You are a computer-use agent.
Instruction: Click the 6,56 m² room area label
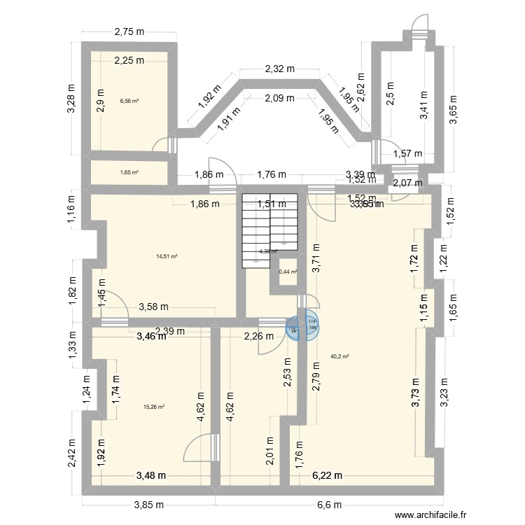[129, 101]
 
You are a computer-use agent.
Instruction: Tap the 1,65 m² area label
[129, 172]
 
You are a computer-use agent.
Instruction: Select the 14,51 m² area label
[167, 256]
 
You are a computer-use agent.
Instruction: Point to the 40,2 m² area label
[339, 356]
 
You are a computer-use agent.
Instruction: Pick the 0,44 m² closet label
[288, 272]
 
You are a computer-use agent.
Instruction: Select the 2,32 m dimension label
[279, 69]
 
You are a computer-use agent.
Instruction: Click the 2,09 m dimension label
[279, 99]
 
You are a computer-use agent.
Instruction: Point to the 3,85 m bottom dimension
[148, 505]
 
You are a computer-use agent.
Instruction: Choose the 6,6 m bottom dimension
[328, 505]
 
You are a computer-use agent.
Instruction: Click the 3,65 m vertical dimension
[453, 110]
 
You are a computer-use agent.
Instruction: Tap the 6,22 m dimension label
[327, 475]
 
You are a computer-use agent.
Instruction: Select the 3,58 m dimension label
[154, 306]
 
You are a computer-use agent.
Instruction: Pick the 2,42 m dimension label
[71, 453]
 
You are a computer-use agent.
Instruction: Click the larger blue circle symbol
[310, 325]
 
